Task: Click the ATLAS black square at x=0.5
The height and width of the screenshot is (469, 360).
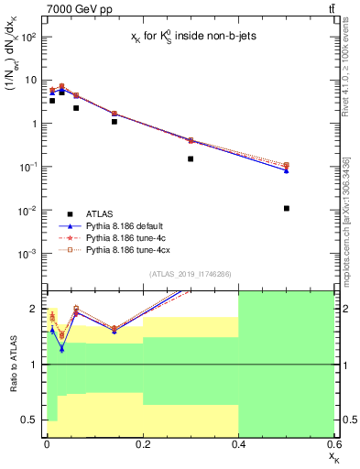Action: tap(287, 209)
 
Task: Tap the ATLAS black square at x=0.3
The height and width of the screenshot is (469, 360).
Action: tap(191, 158)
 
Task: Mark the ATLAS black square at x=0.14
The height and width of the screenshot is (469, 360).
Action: tap(114, 121)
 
